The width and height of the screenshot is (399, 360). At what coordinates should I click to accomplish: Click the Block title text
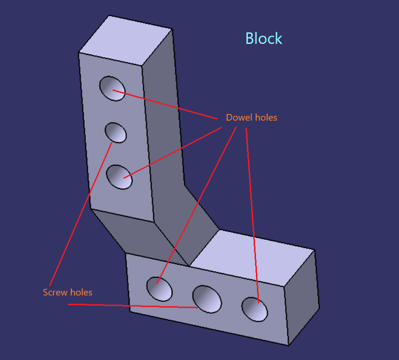click(x=264, y=38)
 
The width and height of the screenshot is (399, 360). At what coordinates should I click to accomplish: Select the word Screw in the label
click(x=54, y=292)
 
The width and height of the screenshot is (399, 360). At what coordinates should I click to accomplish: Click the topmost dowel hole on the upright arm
click(x=112, y=89)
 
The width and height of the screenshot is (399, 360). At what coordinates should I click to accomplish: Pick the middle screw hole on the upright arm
click(x=116, y=133)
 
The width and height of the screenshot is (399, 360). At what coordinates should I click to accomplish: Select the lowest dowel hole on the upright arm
click(x=119, y=177)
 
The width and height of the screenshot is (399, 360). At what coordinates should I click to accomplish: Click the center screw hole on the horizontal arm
click(x=207, y=299)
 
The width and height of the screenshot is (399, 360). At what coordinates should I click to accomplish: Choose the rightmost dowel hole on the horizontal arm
click(x=254, y=309)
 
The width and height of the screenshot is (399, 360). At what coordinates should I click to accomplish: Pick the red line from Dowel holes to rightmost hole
click(x=252, y=214)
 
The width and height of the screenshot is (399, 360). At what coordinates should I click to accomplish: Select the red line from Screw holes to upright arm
click(x=80, y=214)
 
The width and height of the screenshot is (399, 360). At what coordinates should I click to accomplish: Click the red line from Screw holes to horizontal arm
click(x=135, y=305)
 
